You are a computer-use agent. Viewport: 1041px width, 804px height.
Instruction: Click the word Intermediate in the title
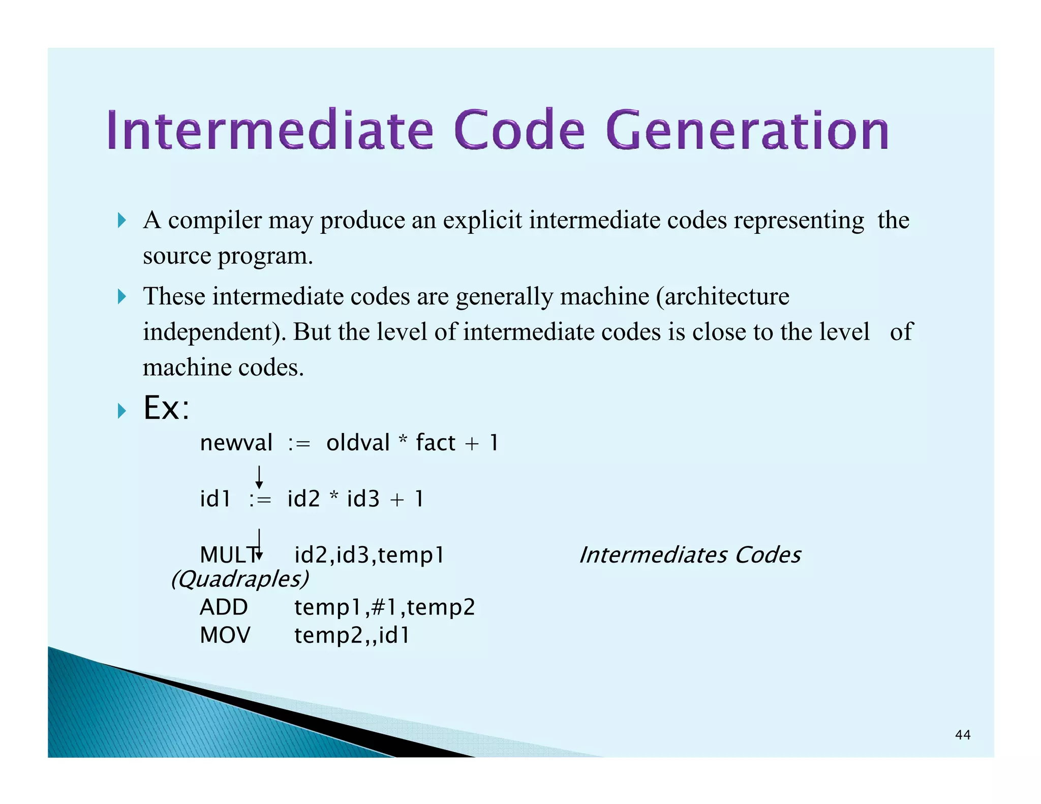[x=270, y=131]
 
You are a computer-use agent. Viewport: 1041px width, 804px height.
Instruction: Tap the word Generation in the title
[x=747, y=131]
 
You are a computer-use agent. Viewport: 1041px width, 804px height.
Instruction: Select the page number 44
[x=962, y=735]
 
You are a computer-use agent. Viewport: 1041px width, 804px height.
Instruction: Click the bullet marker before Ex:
[x=121, y=410]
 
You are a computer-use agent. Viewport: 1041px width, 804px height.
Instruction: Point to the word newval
[x=236, y=443]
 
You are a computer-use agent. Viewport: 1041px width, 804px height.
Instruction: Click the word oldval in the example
[x=358, y=443]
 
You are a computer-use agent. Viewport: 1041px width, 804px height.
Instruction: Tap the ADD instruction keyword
[x=224, y=607]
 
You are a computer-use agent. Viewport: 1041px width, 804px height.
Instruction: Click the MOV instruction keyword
[x=225, y=635]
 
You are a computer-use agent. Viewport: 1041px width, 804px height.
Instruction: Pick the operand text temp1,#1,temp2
[x=385, y=607]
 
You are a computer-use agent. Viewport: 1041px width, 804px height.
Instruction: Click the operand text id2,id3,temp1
[x=370, y=555]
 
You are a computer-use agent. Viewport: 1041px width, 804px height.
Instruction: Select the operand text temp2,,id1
[x=352, y=635]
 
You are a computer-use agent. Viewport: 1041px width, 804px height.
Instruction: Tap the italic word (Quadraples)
[x=239, y=579]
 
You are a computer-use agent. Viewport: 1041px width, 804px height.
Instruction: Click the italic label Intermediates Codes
[x=690, y=555]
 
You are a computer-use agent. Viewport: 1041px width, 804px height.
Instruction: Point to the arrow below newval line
[x=259, y=477]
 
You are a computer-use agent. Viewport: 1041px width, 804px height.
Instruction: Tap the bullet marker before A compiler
[x=121, y=221]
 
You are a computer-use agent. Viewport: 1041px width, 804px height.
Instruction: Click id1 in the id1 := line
[x=215, y=499]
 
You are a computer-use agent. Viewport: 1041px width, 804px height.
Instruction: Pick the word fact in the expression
[x=435, y=443]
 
